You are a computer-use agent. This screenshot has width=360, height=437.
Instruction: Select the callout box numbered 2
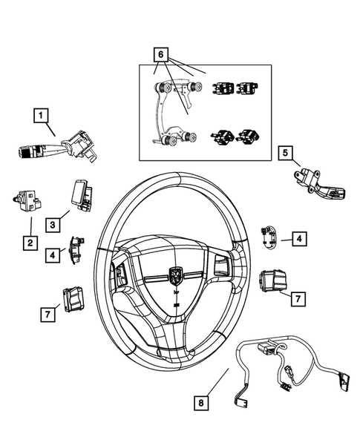coord(30,243)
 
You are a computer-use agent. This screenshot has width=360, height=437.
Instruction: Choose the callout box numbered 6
coord(158,53)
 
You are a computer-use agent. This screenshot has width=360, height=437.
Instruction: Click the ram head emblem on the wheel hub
coord(175,276)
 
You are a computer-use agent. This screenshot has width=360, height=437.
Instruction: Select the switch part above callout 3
coord(79,194)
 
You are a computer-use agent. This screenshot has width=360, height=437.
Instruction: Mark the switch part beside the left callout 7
coord(75,300)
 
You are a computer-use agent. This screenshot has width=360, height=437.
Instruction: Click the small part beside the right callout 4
coord(269,237)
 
